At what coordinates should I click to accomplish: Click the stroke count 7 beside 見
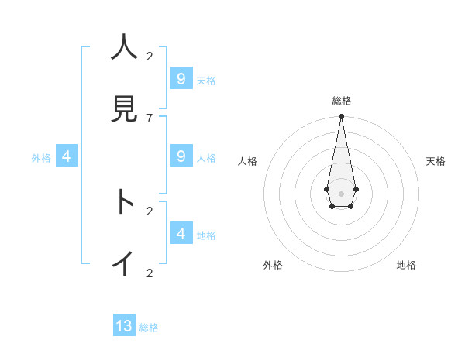(150, 118)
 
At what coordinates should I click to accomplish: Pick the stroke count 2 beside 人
(150, 56)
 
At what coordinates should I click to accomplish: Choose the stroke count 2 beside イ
(150, 273)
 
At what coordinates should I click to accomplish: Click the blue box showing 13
(124, 326)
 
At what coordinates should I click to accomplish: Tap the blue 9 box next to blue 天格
(181, 79)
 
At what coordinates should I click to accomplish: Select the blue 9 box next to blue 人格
(181, 156)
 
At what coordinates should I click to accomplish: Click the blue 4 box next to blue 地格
(181, 233)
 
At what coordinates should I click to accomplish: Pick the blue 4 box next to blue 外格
(67, 156)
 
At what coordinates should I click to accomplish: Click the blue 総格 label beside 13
(149, 328)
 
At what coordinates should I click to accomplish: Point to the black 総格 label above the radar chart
(342, 101)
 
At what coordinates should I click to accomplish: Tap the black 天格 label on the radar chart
(436, 161)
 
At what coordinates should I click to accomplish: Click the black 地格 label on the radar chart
(406, 265)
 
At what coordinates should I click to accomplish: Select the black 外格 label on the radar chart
(273, 265)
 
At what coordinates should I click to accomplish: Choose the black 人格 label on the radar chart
(248, 161)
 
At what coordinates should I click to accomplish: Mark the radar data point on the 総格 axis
(341, 117)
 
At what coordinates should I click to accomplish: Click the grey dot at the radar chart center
(341, 193)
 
